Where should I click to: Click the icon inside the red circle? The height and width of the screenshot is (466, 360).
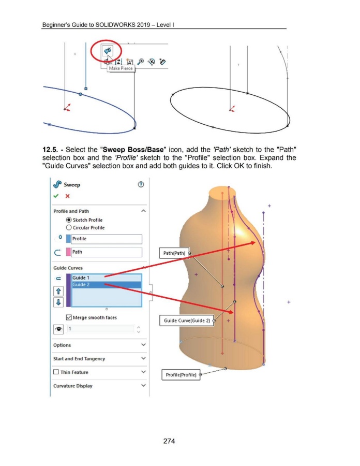[107, 51]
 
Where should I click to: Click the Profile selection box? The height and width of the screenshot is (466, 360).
[106, 239]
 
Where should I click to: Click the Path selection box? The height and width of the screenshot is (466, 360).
[106, 253]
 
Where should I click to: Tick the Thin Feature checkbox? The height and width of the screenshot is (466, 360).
[56, 372]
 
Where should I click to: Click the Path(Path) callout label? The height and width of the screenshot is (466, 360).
[174, 253]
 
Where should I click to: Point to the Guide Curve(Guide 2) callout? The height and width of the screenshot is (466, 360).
[187, 321]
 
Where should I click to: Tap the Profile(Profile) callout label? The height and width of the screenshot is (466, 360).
[181, 374]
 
